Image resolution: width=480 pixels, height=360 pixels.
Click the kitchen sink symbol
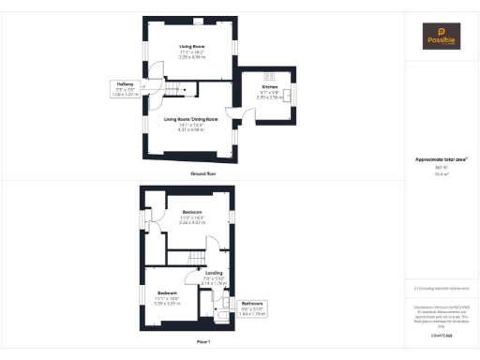click(290, 94)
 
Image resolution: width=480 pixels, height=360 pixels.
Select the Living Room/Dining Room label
click(190, 119)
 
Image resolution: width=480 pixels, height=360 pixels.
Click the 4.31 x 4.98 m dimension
click(190, 129)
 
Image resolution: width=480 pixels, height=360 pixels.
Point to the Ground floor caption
click(203, 173)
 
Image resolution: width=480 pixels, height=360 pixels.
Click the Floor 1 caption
click(203, 342)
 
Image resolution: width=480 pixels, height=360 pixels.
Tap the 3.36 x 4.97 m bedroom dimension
click(190, 223)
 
